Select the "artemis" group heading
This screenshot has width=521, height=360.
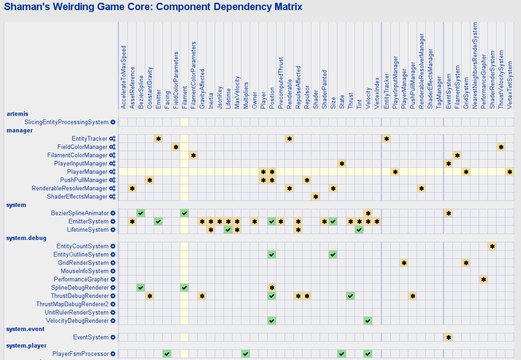(x=17, y=114)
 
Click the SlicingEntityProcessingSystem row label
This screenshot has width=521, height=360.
(x=66, y=122)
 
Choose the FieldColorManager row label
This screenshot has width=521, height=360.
(x=82, y=147)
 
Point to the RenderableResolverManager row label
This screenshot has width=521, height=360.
(x=69, y=188)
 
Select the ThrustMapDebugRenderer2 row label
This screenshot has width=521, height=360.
(x=72, y=304)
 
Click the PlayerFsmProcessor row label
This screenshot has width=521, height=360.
(x=80, y=354)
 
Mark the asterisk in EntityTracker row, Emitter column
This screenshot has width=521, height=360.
(x=158, y=138)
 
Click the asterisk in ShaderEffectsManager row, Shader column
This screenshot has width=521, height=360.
(x=315, y=196)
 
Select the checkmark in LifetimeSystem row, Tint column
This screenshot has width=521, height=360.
(x=359, y=229)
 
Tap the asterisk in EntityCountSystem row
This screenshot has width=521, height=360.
(x=492, y=246)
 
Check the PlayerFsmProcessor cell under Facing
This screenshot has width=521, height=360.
(x=167, y=354)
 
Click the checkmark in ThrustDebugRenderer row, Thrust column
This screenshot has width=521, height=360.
(x=350, y=296)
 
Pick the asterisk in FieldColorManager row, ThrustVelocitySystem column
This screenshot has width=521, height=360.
(x=501, y=147)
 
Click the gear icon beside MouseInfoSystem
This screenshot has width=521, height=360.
(x=113, y=271)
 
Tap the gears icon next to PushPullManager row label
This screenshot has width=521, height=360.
(x=112, y=180)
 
